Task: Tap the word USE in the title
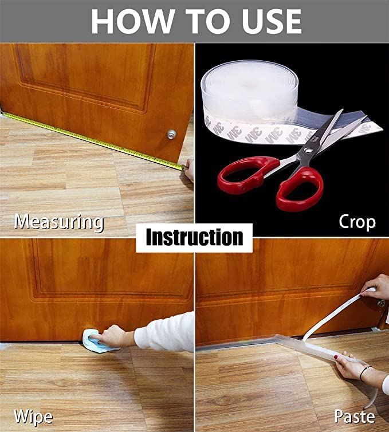(272, 22)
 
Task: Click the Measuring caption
(59, 222)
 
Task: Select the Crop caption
(357, 222)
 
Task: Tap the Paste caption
(355, 417)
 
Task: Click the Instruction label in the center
(195, 237)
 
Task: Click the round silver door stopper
(171, 135)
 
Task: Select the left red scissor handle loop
(248, 172)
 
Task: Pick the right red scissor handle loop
(300, 188)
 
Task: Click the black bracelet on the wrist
(365, 373)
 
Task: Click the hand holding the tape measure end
(189, 168)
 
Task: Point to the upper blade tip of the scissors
(343, 110)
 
